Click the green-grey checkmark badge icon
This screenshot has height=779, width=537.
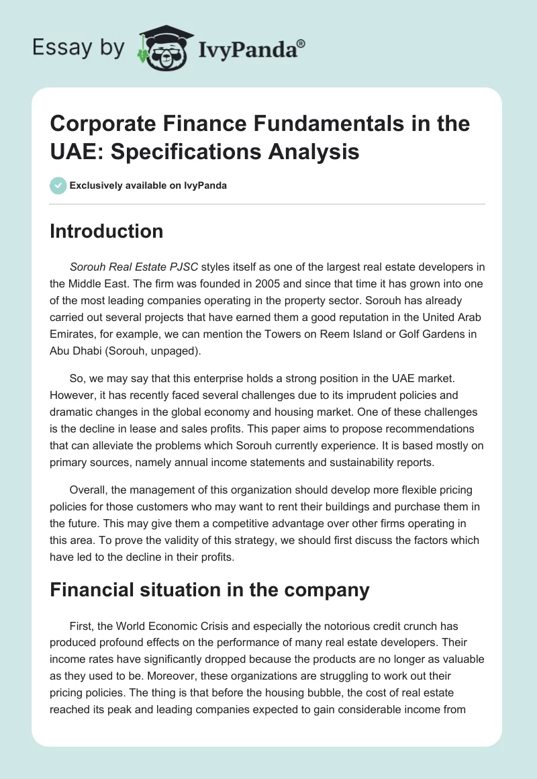coord(58,185)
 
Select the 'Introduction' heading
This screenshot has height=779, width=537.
coord(107,231)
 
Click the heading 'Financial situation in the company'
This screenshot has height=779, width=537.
coord(209,590)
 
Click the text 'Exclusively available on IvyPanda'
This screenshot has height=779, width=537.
coord(148,185)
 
